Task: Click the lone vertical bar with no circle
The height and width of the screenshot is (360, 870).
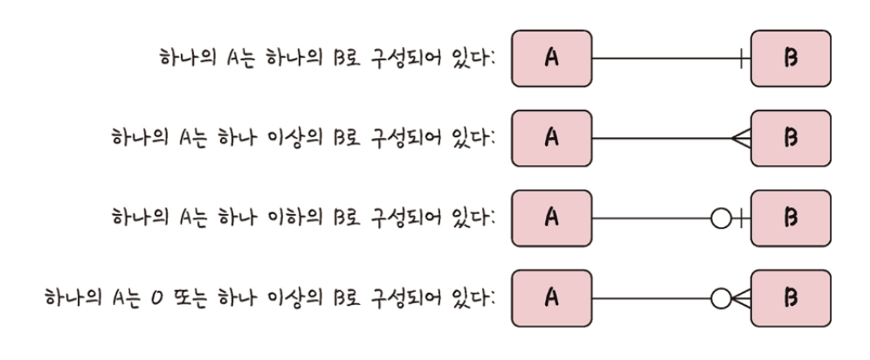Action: (x=742, y=60)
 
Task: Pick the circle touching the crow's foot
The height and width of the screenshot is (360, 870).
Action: (x=721, y=298)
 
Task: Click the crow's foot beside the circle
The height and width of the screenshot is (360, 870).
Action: (x=740, y=298)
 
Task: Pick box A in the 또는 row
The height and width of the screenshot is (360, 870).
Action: (x=551, y=298)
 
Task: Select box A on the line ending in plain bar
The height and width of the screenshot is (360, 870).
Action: (x=551, y=60)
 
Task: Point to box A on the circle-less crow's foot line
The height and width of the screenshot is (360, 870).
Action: (x=551, y=138)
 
